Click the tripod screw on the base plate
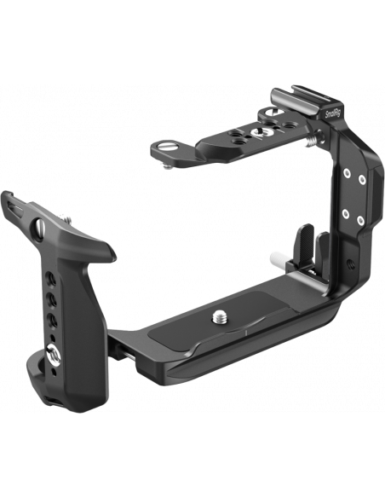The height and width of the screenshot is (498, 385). pos(218,316)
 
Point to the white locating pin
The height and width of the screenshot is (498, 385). pos(279,257)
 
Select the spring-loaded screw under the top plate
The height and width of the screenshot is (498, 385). pos(312,141)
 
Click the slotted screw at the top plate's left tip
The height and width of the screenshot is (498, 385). pos(164,147)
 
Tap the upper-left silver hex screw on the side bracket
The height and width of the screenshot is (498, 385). pos(348,172)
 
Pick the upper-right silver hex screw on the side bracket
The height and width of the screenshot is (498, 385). pos(362,179)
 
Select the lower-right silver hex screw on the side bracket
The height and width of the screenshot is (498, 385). pos(359,220)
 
